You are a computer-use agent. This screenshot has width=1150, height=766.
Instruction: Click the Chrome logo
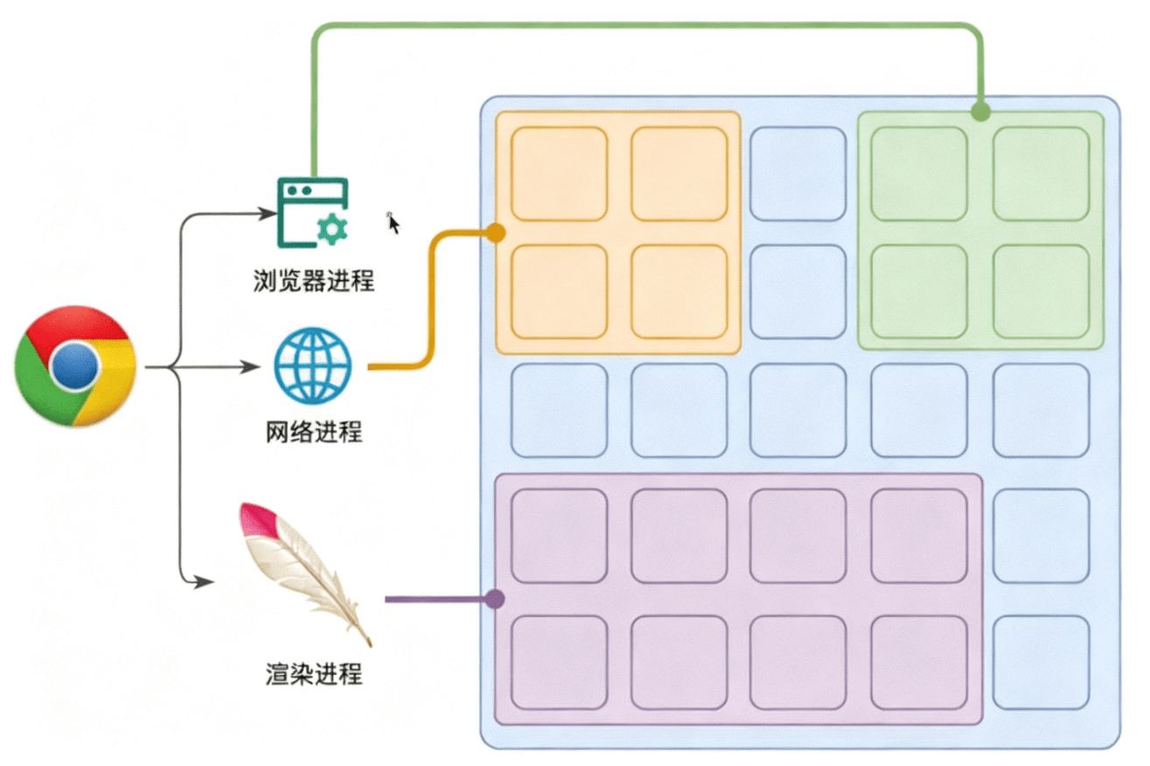pos(75,366)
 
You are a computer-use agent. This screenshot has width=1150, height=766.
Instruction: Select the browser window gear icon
pos(312,213)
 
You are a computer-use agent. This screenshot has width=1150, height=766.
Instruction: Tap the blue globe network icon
pos(312,366)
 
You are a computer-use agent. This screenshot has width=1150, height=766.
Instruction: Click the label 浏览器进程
pos(313,281)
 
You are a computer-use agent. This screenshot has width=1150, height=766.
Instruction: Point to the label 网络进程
pos(313,431)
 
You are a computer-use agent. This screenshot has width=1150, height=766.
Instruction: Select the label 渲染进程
pos(313,673)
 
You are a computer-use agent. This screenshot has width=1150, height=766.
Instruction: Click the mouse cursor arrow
pos(394,224)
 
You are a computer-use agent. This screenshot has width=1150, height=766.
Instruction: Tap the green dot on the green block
pos(980,112)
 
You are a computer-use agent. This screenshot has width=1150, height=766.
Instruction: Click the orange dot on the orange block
pos(495,233)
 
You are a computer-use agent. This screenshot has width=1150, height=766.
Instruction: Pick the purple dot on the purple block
pos(495,599)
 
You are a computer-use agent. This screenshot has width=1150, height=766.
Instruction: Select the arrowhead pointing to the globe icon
pos(253,367)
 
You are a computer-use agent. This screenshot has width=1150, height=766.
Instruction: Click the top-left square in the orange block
pos(559,173)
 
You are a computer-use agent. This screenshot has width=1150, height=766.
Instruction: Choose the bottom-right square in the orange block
pos(679,291)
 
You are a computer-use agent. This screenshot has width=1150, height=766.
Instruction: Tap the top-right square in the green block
pos(1041,173)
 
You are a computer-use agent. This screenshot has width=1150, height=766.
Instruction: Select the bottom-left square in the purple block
pos(559,662)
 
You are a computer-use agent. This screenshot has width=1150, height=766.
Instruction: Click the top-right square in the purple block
pos(919,536)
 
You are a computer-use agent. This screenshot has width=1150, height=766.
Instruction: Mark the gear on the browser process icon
pos(331,229)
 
